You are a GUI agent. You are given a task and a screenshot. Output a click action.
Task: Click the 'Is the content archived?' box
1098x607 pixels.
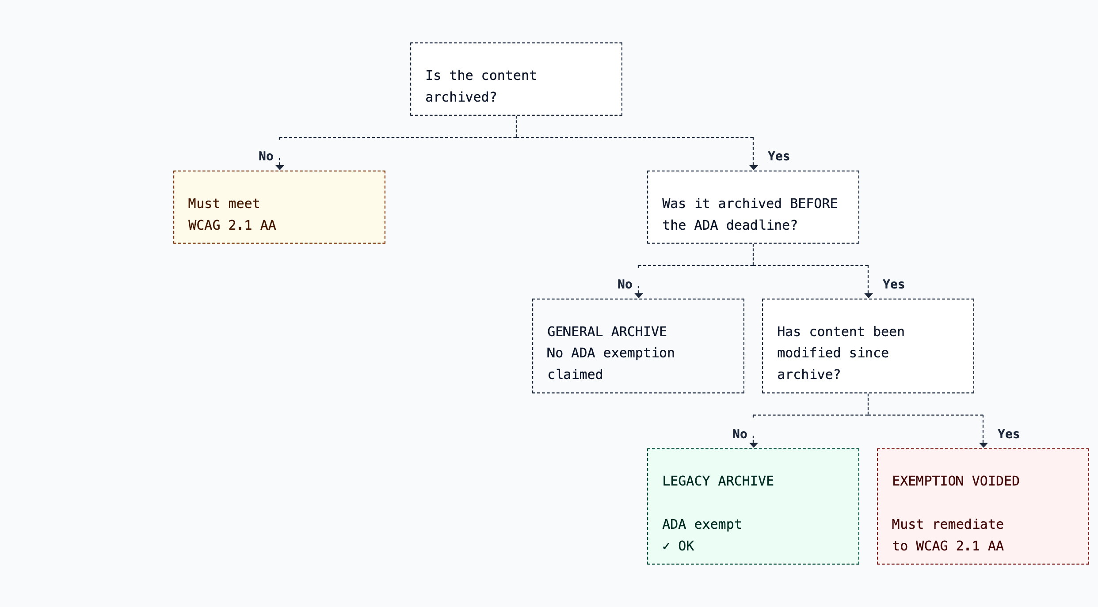pyautogui.click(x=516, y=80)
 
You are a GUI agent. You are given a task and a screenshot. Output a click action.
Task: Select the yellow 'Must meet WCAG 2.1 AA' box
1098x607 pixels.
pyautogui.click(x=279, y=207)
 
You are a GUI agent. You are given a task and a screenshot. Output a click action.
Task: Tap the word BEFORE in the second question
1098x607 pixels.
pyautogui.click(x=813, y=204)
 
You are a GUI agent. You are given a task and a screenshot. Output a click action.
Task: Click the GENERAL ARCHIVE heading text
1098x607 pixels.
pyautogui.click(x=606, y=332)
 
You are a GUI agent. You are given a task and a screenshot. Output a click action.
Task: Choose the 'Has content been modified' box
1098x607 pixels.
pyautogui.click(x=868, y=346)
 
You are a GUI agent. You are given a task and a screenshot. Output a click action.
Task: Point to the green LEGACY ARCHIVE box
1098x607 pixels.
pyautogui.click(x=753, y=506)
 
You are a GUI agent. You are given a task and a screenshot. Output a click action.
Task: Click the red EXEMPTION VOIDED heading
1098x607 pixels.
pyautogui.click(x=955, y=481)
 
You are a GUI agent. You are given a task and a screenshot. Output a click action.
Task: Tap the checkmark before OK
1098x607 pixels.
pyautogui.click(x=666, y=546)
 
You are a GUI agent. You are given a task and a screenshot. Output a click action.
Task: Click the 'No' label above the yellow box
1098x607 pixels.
pyautogui.click(x=266, y=156)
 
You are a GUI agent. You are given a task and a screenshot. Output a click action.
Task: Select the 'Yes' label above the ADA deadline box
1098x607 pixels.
pyautogui.click(x=778, y=156)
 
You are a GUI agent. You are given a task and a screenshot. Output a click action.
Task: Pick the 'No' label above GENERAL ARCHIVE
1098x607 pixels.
pyautogui.click(x=625, y=285)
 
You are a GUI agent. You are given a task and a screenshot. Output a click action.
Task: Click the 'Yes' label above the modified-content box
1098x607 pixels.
pyautogui.click(x=893, y=285)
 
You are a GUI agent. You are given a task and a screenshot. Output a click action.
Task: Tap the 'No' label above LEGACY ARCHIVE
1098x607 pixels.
pyautogui.click(x=740, y=434)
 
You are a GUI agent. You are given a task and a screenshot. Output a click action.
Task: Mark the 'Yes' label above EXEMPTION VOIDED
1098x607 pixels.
pyautogui.click(x=1008, y=434)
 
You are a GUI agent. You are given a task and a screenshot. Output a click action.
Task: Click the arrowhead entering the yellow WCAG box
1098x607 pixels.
pyautogui.click(x=280, y=167)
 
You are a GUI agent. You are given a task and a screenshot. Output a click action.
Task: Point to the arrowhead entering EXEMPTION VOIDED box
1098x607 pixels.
pyautogui.click(x=984, y=445)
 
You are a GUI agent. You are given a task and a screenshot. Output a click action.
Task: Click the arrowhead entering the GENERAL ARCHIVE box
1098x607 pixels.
pyautogui.click(x=639, y=295)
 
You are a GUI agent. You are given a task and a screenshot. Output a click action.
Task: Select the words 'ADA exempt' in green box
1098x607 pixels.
pyautogui.click(x=701, y=524)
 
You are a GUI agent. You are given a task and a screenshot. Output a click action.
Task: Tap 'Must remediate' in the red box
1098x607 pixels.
pyautogui.click(x=947, y=524)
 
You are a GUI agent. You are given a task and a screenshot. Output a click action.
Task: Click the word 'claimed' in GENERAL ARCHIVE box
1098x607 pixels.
pyautogui.click(x=575, y=375)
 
